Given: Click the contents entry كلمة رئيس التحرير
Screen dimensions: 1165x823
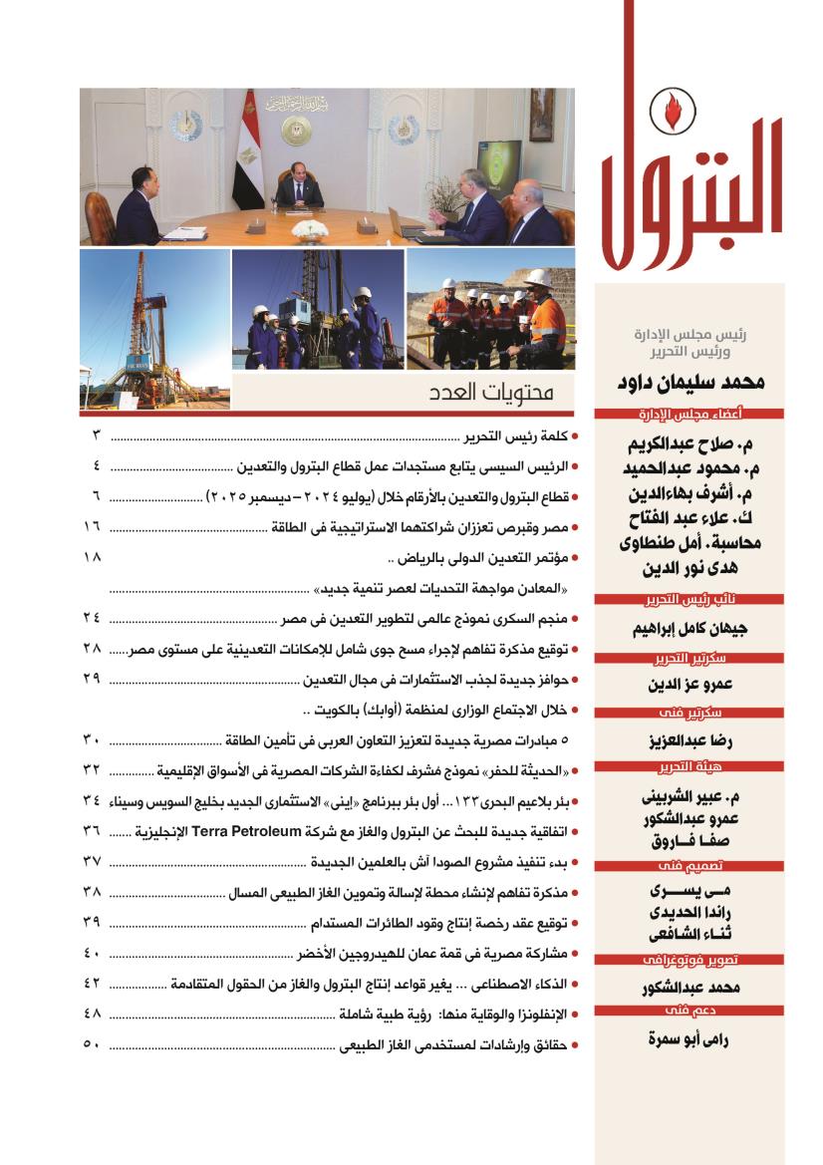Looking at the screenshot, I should [x=517, y=436].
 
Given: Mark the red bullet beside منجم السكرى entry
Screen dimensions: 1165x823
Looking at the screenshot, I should [x=578, y=619].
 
